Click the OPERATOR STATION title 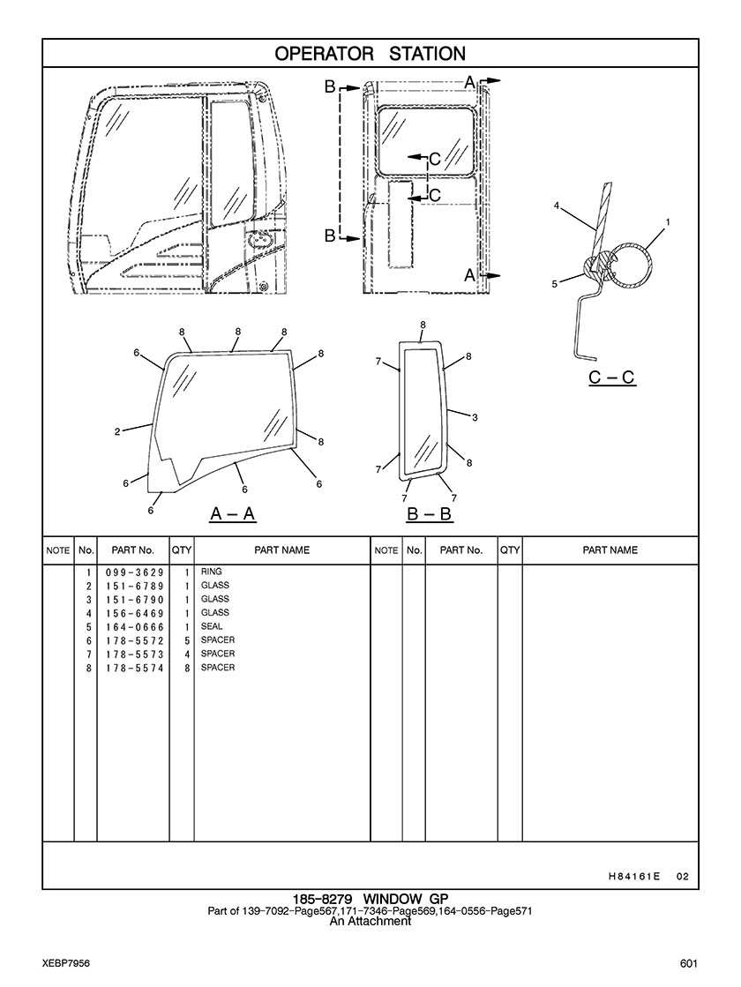coord(370,54)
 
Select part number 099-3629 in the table coord(135,572)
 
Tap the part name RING coord(212,572)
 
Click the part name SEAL coord(212,626)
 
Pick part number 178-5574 coord(135,668)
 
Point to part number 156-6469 coord(135,613)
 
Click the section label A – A coord(233,514)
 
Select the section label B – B coord(430,514)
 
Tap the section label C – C coord(612,377)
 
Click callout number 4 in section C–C coord(557,206)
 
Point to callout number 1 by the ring coord(667,221)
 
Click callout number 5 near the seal coord(555,284)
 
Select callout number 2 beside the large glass coord(117,432)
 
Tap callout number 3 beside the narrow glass coord(475,417)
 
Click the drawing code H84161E coord(634,876)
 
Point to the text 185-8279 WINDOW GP coord(370,898)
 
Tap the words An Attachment coord(370,921)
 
